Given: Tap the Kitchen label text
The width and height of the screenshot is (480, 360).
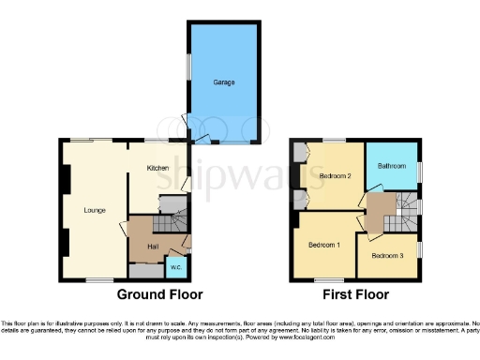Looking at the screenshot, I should (157, 168).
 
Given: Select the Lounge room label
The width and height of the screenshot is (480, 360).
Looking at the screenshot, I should (94, 210).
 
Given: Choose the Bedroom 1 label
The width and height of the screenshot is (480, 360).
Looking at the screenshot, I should (324, 246).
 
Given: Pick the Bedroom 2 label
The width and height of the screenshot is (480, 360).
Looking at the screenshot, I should (335, 175).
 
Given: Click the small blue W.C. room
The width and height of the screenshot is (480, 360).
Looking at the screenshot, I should (175, 269).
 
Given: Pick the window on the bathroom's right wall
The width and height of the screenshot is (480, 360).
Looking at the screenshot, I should (418, 170).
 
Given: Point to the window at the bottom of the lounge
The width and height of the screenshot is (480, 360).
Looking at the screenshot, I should (98, 279).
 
